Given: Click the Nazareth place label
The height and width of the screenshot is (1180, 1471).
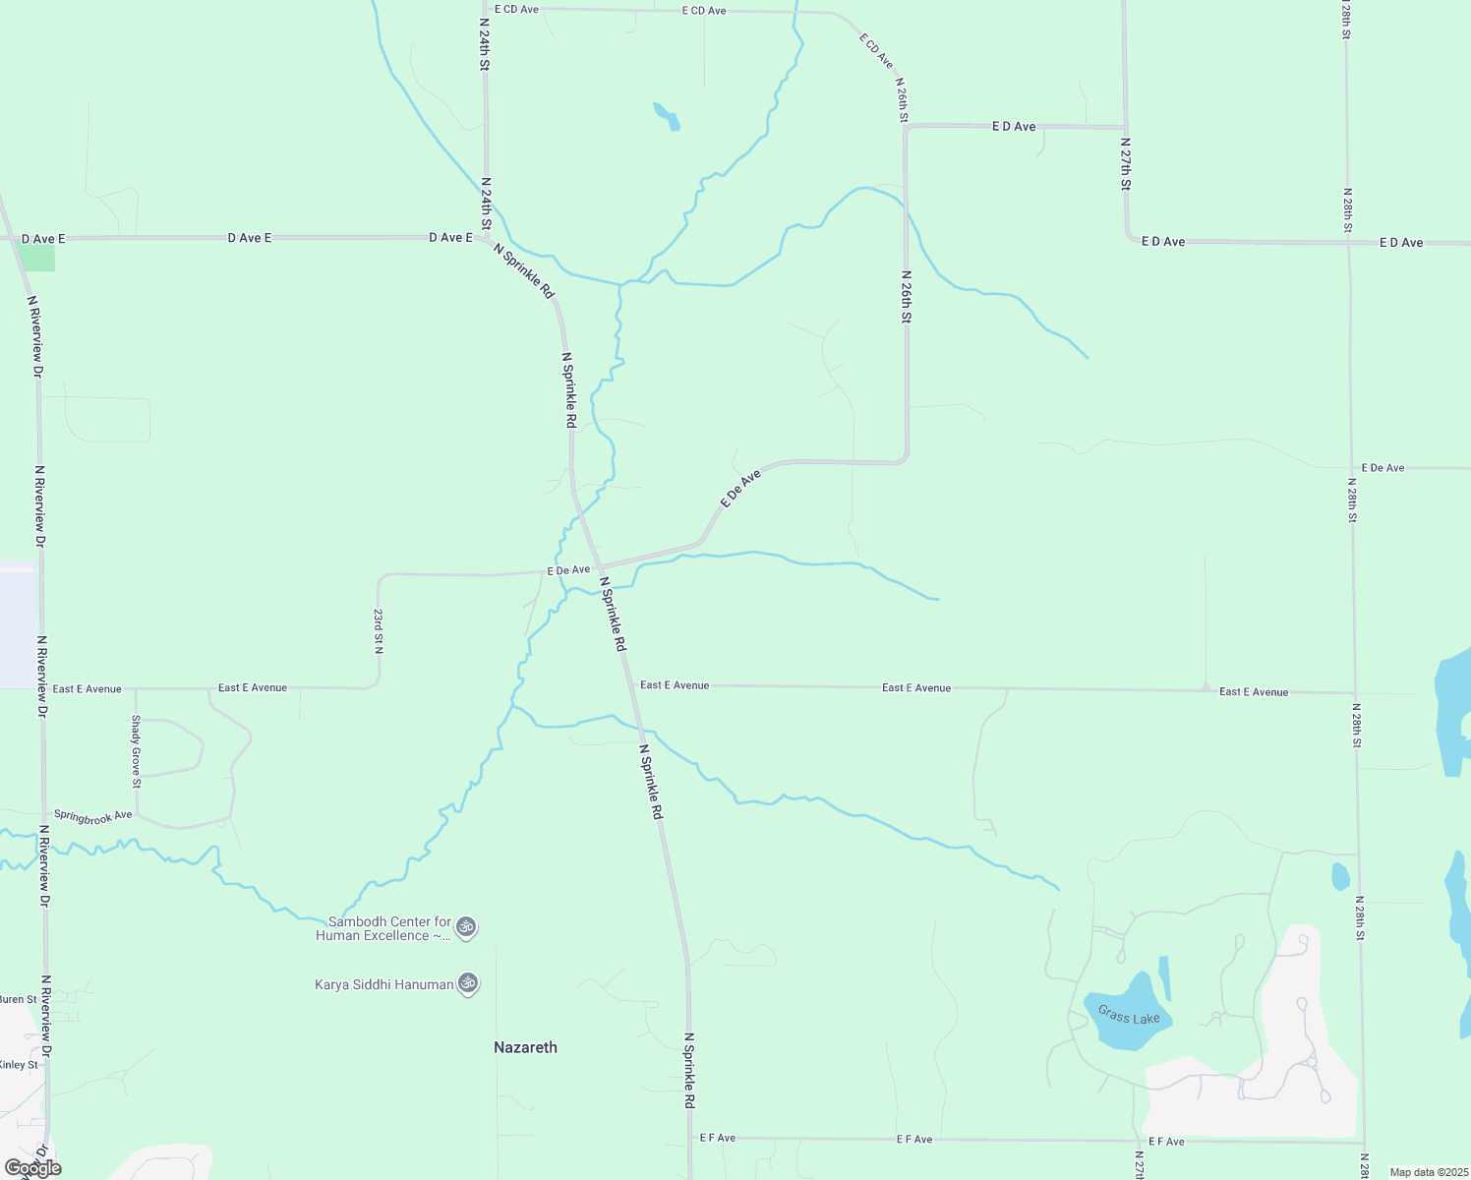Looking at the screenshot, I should pyautogui.click(x=525, y=1047).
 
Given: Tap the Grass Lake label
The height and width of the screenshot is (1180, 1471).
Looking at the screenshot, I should pyautogui.click(x=1129, y=1015).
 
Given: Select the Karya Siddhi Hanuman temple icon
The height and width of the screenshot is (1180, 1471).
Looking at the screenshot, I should pyautogui.click(x=468, y=983).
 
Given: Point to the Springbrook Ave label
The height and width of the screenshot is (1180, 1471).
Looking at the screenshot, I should pyautogui.click(x=92, y=816).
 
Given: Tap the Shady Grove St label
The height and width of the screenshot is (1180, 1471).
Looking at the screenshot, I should pyautogui.click(x=137, y=751).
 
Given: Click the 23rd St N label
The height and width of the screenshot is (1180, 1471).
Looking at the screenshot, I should pyautogui.click(x=379, y=631).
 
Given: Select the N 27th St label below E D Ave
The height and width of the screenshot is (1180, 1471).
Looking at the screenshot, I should pyautogui.click(x=1127, y=163).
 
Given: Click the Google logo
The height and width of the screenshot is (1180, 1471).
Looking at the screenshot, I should pyautogui.click(x=32, y=1168).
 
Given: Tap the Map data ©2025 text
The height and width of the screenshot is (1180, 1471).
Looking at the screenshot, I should pyautogui.click(x=1429, y=1172).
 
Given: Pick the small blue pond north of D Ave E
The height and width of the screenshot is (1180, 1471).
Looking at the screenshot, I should pyautogui.click(x=668, y=116).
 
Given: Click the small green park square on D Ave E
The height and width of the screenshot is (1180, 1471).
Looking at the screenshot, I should pyautogui.click(x=37, y=257).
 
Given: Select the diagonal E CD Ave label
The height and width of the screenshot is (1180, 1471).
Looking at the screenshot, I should pyautogui.click(x=875, y=51).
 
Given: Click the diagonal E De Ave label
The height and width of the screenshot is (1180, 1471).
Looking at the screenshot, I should pyautogui.click(x=740, y=489).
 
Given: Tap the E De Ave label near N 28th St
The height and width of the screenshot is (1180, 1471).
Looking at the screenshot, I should pyautogui.click(x=1383, y=468).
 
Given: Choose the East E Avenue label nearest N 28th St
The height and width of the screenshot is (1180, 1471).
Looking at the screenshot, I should pyautogui.click(x=1254, y=692).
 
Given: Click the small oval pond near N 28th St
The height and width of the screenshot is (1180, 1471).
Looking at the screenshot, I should pyautogui.click(x=1340, y=875).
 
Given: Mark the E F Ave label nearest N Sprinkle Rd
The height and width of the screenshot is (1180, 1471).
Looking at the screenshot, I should pyautogui.click(x=718, y=1138).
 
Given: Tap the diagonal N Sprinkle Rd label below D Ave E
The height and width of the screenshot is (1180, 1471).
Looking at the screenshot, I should pyautogui.click(x=525, y=270).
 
